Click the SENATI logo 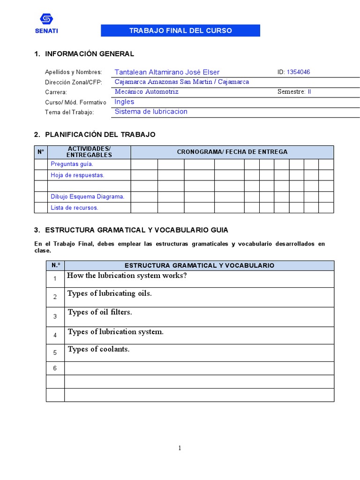46,23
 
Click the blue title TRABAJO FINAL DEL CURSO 180,31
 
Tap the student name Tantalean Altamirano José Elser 167,72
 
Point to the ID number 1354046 298,72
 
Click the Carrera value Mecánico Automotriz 146,92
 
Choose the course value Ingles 124,102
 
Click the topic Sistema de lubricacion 151,112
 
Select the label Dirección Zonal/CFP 73,82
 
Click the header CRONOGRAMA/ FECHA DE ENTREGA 232,152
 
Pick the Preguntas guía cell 72,164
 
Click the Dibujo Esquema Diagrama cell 88,197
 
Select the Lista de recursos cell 74,208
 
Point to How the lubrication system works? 127,276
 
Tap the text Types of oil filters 100,312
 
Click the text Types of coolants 98,349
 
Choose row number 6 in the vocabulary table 55,368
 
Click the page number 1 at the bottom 180,448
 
